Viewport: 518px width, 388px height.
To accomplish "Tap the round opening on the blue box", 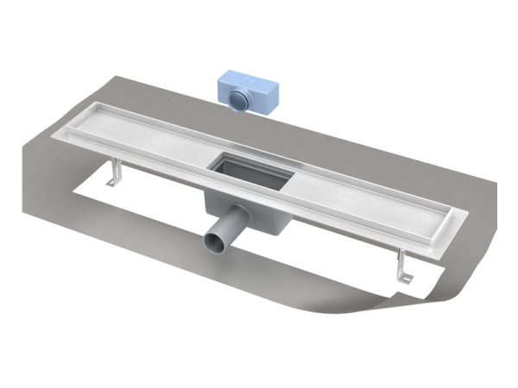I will coord(239,97).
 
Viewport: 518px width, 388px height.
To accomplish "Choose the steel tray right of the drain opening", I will coord(363,194).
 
